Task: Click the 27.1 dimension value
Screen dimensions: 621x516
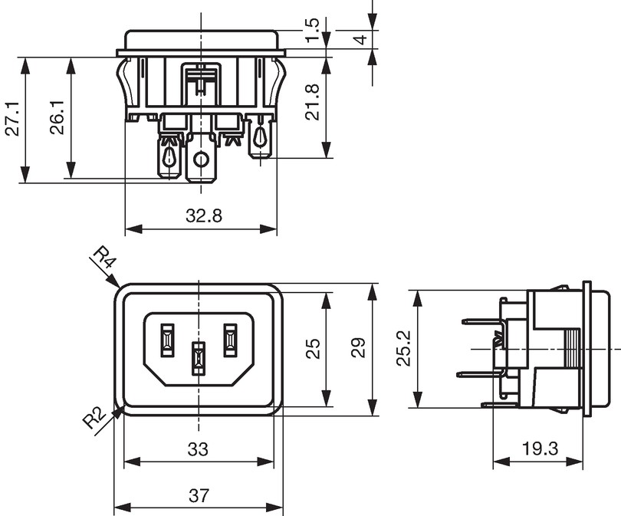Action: (x=14, y=119)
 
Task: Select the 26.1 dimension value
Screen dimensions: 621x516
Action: (x=58, y=117)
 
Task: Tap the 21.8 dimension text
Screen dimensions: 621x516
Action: (x=313, y=102)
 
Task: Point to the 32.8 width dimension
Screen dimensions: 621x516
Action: (x=204, y=216)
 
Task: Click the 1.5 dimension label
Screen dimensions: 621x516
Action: (x=313, y=29)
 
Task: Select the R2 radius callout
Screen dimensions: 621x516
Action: (x=94, y=418)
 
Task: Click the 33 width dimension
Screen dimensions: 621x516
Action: (x=198, y=449)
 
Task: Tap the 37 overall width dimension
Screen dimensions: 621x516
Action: (x=199, y=495)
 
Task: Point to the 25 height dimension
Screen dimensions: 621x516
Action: (x=314, y=349)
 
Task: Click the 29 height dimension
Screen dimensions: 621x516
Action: (x=359, y=347)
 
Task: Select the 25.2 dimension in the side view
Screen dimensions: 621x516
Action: (x=404, y=349)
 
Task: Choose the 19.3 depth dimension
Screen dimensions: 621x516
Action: (x=540, y=449)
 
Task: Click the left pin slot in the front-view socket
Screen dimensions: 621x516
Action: (x=166, y=340)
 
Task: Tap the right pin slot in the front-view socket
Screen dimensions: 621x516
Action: (x=230, y=340)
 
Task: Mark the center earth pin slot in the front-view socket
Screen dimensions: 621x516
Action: (x=199, y=359)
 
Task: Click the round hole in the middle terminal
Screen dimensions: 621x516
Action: (x=201, y=159)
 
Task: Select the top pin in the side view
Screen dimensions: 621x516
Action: (x=481, y=322)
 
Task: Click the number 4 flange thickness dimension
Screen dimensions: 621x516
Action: (x=361, y=39)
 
